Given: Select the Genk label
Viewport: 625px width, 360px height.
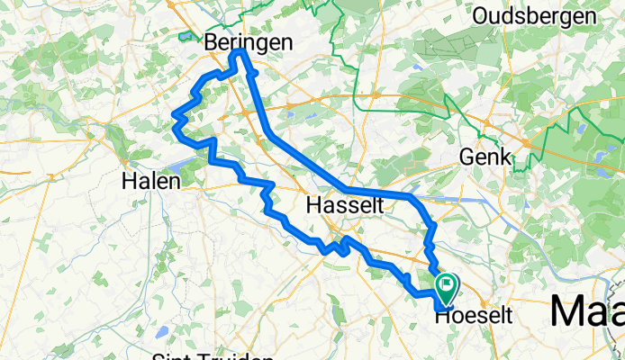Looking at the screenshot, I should point(486,157).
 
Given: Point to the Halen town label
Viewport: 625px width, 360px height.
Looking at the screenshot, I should point(151,181).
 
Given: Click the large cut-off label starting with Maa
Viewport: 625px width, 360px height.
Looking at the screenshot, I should point(585,311).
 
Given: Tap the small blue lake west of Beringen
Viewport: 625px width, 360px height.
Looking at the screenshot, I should point(186,37).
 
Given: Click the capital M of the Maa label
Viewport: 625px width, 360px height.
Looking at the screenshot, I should point(565,311).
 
